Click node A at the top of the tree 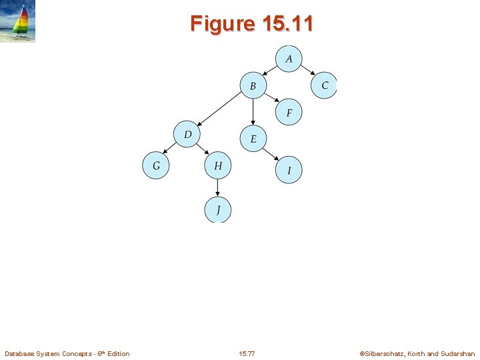point(288,59)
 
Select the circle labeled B point(253,85)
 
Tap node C point(324,85)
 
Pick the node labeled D point(187,135)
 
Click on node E point(253,139)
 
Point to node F point(289,112)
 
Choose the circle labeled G point(156,165)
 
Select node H point(217,165)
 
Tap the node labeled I point(289,170)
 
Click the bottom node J point(217,210)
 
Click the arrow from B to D point(220,108)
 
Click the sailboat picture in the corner point(18,21)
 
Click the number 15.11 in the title point(288,23)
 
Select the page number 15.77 point(246,353)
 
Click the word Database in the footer point(19,353)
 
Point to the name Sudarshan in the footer point(459,353)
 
